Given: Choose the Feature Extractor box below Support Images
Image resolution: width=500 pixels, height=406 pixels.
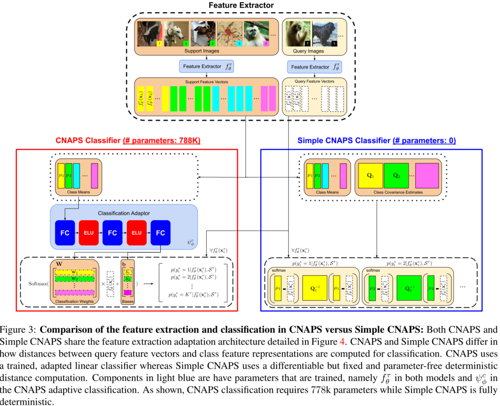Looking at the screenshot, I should (x=207, y=67).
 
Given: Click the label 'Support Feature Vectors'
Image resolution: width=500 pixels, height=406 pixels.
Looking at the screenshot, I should (x=207, y=82).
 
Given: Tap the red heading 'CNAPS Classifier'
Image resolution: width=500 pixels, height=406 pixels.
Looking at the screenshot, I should (x=88, y=141).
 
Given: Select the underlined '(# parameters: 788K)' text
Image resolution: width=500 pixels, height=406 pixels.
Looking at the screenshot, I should (x=161, y=141).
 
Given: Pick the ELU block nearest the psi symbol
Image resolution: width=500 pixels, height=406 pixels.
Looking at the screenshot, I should (x=136, y=233).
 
